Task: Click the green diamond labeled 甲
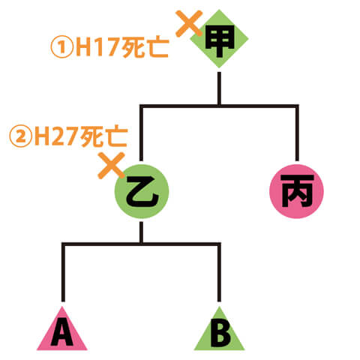219,39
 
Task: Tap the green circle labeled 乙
142,191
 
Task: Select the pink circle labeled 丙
296,191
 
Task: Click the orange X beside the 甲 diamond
189,23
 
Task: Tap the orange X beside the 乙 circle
111,166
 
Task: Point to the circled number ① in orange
61,47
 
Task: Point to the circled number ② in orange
20,136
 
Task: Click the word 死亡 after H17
145,47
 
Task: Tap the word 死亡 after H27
103,136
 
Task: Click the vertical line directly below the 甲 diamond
219,88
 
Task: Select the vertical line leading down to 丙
297,133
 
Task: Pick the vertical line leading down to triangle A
63,272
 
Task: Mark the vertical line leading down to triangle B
219,272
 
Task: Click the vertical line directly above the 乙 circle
141,133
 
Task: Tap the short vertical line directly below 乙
141,232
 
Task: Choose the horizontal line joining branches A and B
141,244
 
